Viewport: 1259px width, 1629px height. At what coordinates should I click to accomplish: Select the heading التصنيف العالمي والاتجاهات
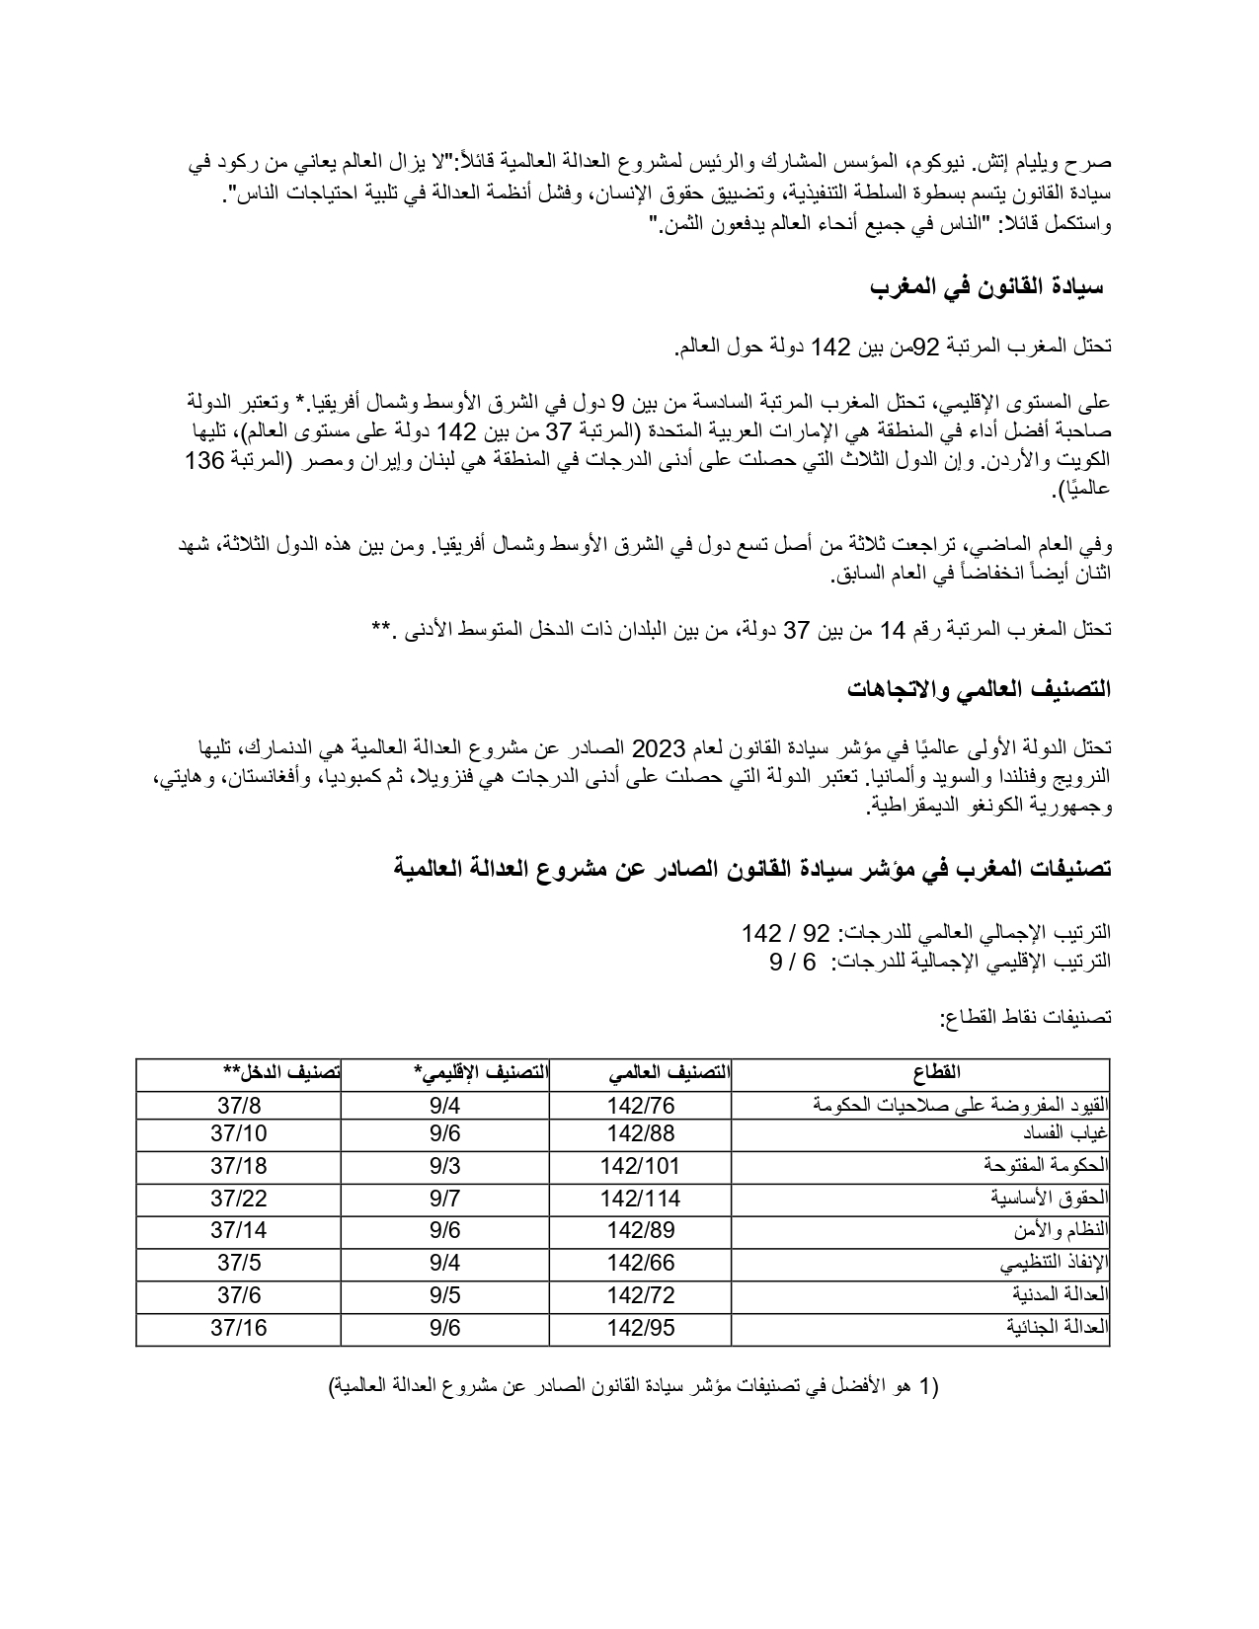tap(979, 690)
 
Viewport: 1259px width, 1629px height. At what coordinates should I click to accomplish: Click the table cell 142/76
tap(641, 1106)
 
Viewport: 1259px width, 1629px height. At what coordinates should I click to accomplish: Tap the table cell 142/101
tap(641, 1166)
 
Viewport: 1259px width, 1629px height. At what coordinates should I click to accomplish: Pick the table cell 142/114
tap(641, 1199)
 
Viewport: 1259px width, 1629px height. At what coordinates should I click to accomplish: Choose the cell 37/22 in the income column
tap(239, 1199)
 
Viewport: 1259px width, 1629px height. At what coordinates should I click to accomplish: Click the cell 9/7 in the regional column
tap(445, 1199)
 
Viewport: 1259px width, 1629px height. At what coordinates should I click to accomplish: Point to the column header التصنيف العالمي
tap(670, 1073)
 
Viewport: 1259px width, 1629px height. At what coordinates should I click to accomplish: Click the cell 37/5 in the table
tap(239, 1263)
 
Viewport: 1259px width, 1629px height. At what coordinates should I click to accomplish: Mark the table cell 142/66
tap(641, 1263)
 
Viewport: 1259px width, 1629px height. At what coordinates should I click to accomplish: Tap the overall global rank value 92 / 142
tap(786, 933)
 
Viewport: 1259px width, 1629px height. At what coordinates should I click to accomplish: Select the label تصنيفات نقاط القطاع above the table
tap(1026, 1016)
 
